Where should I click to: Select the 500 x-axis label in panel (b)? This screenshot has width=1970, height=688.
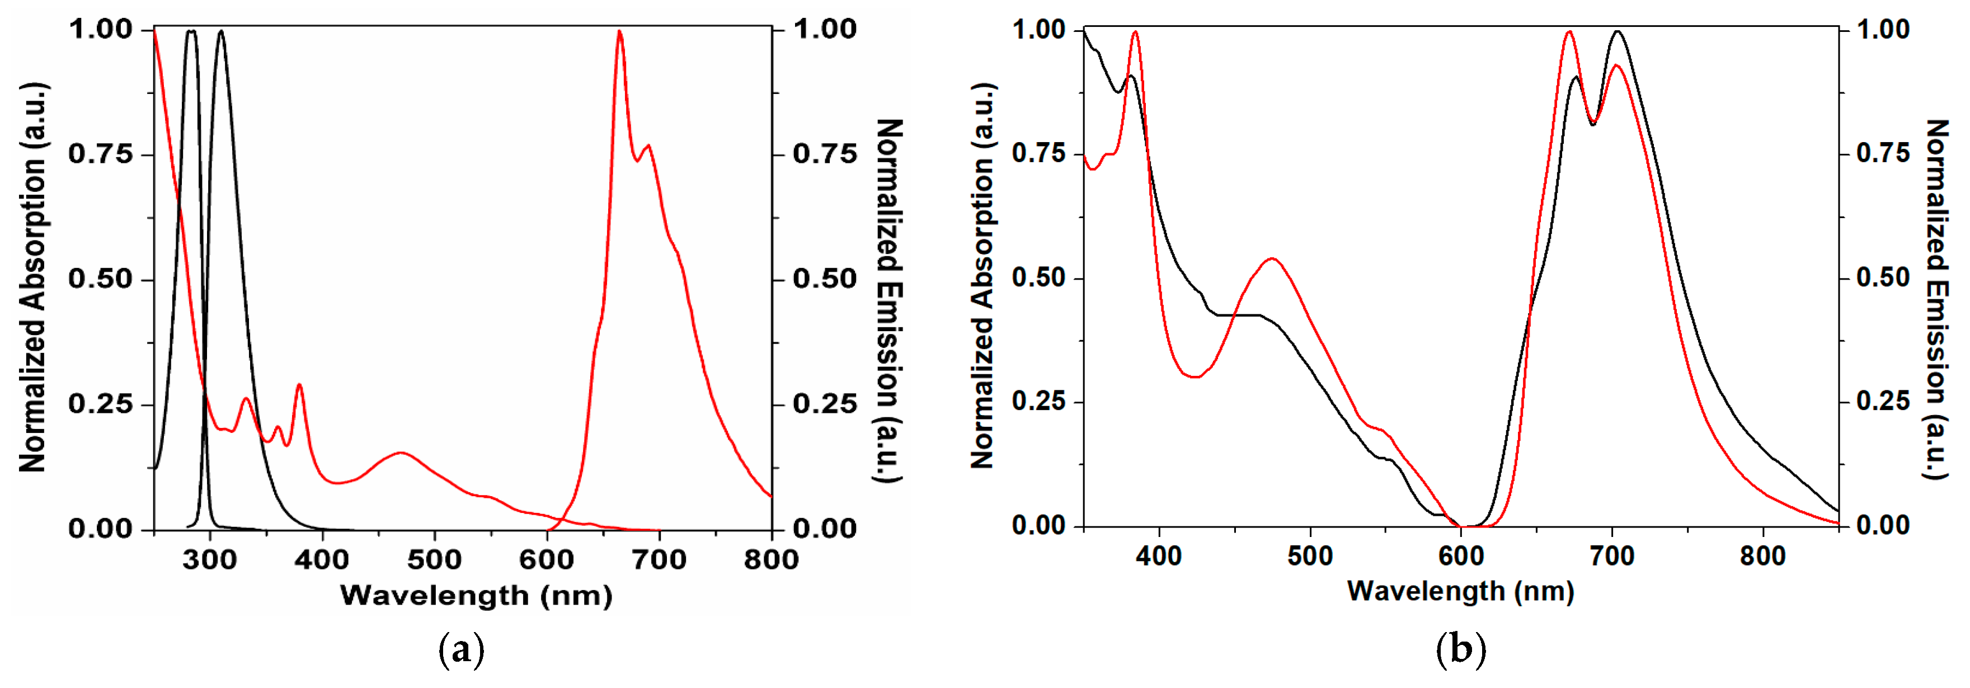point(1310,556)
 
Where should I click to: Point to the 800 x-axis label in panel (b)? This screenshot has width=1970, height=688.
point(1763,556)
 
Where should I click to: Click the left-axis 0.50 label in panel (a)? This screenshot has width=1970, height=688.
point(100,279)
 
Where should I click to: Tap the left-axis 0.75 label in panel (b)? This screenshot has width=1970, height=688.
point(1038,154)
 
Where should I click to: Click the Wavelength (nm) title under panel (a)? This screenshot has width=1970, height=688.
point(476,596)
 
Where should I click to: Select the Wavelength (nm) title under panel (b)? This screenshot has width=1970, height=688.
point(1461,591)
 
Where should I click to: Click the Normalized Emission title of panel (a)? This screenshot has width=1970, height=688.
point(888,300)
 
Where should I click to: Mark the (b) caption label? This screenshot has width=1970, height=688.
point(1461,651)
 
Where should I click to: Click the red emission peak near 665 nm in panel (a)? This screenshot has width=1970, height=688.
point(619,32)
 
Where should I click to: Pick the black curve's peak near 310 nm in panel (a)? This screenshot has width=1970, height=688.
point(221,31)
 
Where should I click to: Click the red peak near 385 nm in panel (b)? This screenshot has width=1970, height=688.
point(1135,32)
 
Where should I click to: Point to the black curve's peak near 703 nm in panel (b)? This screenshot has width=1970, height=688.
point(1618,31)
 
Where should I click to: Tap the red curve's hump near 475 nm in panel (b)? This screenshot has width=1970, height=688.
point(1272,258)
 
